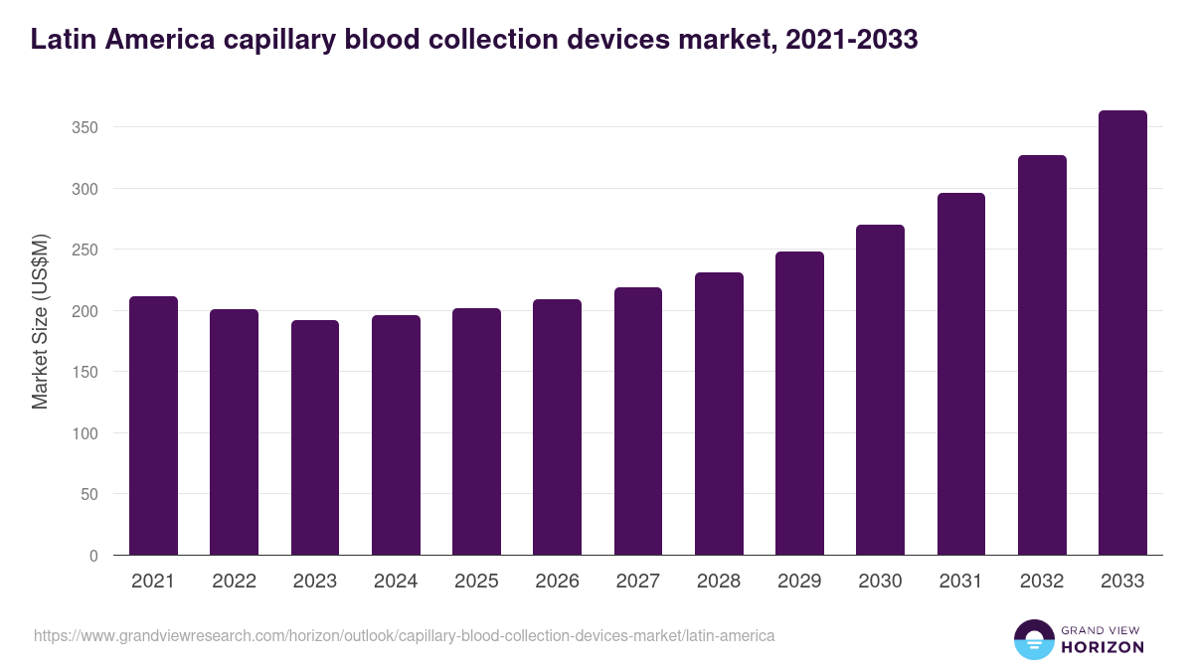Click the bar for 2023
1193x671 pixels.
(315, 437)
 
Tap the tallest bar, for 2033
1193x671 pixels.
(1122, 333)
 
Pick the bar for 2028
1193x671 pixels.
(719, 414)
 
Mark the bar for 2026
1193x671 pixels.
(557, 427)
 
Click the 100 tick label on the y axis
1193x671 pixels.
(86, 433)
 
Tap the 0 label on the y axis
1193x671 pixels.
(93, 556)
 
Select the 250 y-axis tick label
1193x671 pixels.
(86, 250)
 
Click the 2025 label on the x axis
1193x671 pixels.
(476, 582)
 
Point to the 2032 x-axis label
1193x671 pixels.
(1042, 582)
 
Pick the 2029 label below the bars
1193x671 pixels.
(799, 582)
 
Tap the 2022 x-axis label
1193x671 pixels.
(234, 582)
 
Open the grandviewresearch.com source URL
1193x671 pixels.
(404, 635)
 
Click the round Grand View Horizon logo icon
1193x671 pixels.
(1033, 640)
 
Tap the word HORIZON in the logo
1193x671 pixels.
(1103, 647)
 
